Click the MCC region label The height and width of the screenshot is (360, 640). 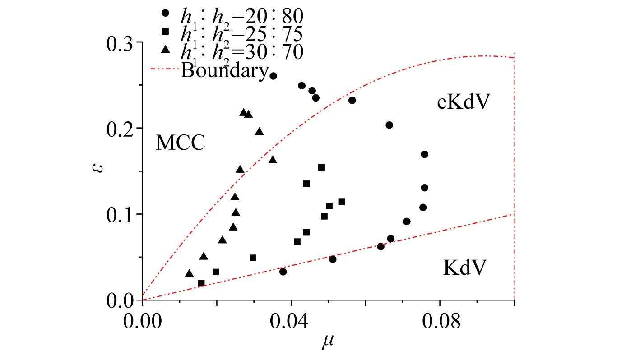click(181, 143)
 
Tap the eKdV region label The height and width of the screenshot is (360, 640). click(464, 103)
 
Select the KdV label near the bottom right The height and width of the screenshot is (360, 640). click(465, 268)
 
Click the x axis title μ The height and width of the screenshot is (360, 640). click(327, 344)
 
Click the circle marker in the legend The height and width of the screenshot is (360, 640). click(165, 13)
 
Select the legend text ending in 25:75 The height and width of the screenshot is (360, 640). click(242, 33)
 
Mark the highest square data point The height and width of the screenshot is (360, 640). click(321, 167)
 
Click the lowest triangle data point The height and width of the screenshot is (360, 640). click(189, 273)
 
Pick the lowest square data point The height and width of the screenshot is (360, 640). click(201, 283)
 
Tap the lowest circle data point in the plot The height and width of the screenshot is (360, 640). click(283, 272)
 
